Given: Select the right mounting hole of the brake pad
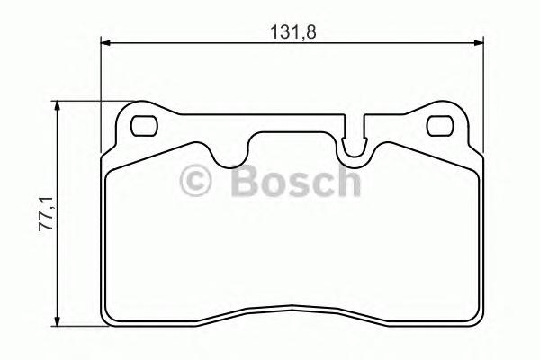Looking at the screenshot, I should (438, 125).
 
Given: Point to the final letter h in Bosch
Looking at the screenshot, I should (346, 183).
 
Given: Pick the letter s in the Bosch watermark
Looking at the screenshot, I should (298, 185).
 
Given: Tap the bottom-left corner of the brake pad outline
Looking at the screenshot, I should (109, 320).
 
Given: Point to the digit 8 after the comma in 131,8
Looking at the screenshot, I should (315, 30).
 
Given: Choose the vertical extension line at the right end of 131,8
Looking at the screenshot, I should (483, 90).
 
